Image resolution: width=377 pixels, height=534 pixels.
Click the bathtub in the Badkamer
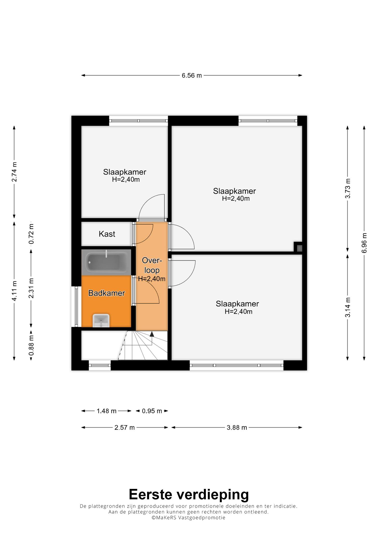106,262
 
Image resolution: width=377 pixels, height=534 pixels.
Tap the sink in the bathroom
101,320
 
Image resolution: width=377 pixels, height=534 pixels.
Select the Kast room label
107,234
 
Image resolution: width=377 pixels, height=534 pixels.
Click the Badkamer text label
106,293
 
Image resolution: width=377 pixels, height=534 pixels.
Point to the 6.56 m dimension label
192,76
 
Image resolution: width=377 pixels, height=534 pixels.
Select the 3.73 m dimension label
348,189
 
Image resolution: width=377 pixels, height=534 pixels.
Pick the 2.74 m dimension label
14,172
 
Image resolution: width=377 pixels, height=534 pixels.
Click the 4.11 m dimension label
14,291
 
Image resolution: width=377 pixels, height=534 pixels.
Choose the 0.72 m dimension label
31,234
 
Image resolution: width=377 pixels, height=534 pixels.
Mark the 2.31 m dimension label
31,288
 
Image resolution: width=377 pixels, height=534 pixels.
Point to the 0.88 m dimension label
31,345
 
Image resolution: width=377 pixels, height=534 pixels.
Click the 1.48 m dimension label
106,411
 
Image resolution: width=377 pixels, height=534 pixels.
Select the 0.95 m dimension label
152,411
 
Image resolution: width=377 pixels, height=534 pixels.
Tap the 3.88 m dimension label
237,428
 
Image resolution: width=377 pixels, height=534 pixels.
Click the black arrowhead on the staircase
152,334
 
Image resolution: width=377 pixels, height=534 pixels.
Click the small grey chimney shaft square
299,248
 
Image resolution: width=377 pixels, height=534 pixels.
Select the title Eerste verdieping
189,494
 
